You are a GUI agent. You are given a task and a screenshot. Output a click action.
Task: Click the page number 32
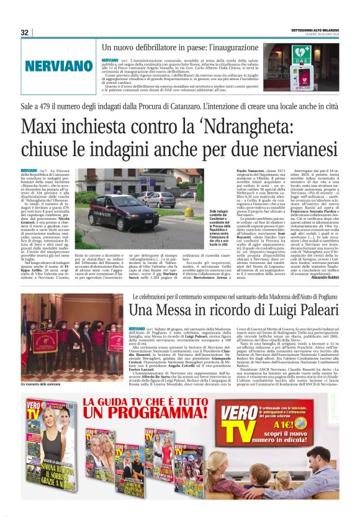[x=25, y=32]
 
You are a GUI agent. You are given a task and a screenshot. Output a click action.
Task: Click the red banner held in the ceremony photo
[x=37, y=340]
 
